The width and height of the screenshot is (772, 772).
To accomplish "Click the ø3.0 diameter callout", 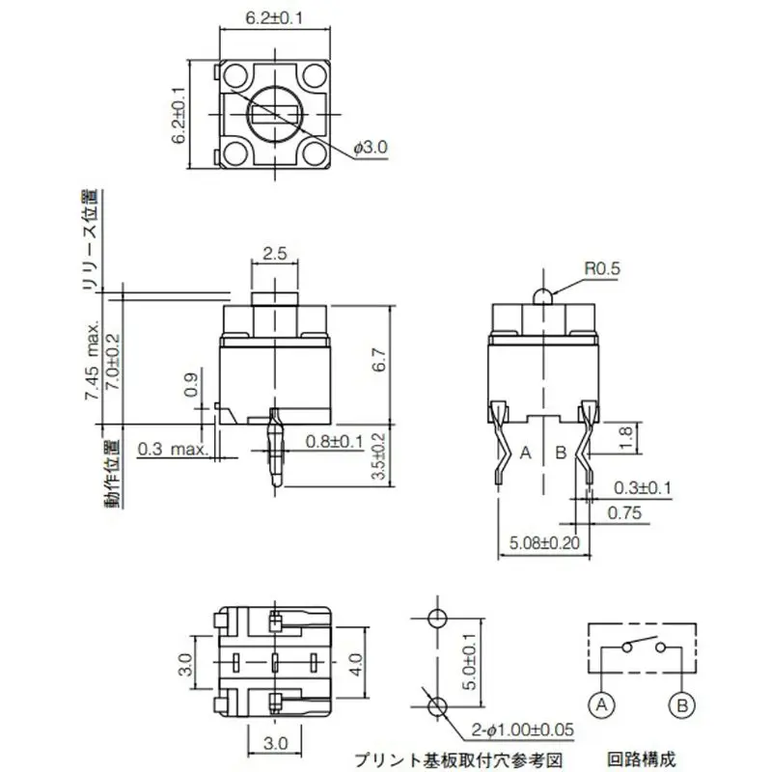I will point(371,148).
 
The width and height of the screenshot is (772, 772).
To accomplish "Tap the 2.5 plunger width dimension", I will point(275,254).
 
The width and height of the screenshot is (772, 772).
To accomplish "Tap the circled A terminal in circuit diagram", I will point(601,705).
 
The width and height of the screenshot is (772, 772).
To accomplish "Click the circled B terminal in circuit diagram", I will point(682,705).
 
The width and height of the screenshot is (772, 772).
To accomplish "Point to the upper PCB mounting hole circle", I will point(436,619).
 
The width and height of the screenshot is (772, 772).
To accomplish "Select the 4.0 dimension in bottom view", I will point(356,663).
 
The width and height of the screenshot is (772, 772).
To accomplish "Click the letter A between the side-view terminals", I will point(526,452).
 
